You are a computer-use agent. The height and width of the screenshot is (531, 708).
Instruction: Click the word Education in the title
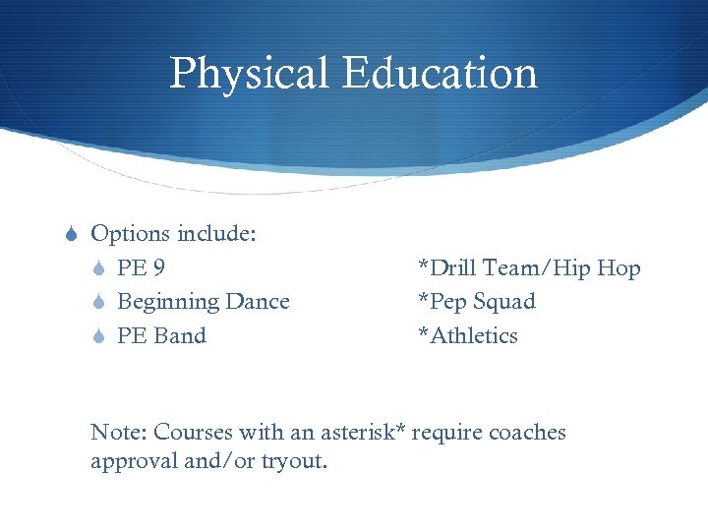click(x=441, y=75)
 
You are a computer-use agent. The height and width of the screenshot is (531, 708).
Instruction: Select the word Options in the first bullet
click(x=130, y=235)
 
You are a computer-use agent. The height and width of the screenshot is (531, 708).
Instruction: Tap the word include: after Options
click(x=216, y=234)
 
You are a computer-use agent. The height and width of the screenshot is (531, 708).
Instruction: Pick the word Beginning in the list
click(x=168, y=303)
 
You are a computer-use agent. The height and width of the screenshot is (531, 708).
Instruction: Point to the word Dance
click(x=258, y=302)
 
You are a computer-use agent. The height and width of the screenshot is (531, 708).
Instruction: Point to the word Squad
click(x=504, y=303)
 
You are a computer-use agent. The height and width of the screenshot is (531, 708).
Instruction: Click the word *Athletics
click(x=468, y=336)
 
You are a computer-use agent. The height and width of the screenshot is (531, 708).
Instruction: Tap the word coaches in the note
click(x=527, y=433)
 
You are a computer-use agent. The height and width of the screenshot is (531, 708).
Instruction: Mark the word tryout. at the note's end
click(x=293, y=461)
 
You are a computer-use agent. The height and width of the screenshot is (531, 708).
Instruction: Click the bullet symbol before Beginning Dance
click(x=99, y=303)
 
